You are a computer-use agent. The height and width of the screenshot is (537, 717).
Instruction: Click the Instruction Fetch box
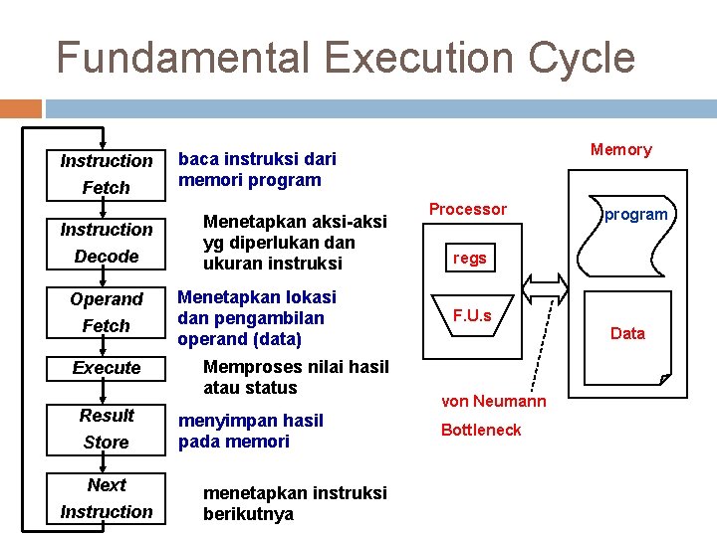(x=106, y=174)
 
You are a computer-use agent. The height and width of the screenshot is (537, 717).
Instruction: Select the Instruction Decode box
(x=106, y=243)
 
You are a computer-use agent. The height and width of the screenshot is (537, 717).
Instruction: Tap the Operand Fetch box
(x=106, y=312)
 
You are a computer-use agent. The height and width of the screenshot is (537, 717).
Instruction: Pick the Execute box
(x=106, y=368)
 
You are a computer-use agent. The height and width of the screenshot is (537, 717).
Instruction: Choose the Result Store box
(x=106, y=429)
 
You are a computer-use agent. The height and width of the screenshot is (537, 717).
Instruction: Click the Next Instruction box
(x=106, y=498)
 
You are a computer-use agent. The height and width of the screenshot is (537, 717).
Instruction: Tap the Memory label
(x=620, y=149)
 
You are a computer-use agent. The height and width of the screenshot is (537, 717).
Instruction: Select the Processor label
(x=467, y=209)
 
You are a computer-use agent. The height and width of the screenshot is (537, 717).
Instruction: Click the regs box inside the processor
(x=470, y=259)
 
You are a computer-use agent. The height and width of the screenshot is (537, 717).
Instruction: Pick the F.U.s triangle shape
(x=472, y=317)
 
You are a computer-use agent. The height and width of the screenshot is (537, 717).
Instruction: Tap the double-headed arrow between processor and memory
(x=543, y=287)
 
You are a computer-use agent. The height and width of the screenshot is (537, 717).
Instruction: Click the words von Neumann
(x=493, y=401)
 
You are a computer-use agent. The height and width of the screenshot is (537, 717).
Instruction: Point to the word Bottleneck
(x=481, y=430)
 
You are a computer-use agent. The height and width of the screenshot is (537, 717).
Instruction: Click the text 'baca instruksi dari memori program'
(x=256, y=169)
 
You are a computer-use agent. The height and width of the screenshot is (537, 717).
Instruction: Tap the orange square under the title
(x=21, y=108)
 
